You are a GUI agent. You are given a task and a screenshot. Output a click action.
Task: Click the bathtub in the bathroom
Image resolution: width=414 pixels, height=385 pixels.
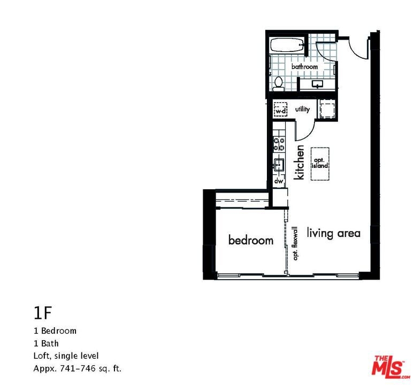click(287, 45)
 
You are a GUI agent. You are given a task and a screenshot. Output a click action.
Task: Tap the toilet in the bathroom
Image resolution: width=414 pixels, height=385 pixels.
click(278, 83)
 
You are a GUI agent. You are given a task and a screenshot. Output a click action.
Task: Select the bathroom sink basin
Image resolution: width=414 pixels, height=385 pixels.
click(317, 84)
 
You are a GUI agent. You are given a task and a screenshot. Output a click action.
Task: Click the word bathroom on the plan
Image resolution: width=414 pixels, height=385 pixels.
click(304, 66)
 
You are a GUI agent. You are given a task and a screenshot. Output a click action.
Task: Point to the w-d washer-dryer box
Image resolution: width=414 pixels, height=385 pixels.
click(280, 110)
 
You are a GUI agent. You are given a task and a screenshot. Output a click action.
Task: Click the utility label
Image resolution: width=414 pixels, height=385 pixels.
click(302, 109)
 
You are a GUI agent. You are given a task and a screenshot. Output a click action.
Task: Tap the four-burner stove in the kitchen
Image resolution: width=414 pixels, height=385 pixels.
click(279, 144)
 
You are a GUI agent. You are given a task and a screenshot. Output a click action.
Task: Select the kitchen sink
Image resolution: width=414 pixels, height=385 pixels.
click(279, 165)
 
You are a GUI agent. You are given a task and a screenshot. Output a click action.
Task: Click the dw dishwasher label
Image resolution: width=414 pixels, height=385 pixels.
click(279, 181)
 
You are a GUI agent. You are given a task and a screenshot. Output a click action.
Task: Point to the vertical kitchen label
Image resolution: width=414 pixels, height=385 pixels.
click(299, 162)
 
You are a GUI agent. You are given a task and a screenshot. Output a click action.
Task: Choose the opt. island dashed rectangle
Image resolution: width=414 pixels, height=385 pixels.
click(320, 164)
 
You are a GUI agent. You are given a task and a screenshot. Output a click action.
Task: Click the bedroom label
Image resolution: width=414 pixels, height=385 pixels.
click(251, 240)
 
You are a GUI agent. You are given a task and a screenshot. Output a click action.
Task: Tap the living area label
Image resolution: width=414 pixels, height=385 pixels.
click(333, 233)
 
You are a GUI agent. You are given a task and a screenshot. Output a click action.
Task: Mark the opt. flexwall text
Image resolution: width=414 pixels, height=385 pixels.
click(295, 243)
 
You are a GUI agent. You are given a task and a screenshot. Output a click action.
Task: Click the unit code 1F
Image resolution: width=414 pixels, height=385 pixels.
click(42, 313)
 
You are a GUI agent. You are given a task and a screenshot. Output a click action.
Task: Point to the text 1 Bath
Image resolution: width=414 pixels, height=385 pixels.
click(46, 343)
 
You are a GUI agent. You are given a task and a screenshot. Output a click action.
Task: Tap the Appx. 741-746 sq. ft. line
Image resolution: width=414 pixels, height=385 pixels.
click(78, 368)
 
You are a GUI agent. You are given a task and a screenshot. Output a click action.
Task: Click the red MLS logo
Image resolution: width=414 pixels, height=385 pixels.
click(390, 365)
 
